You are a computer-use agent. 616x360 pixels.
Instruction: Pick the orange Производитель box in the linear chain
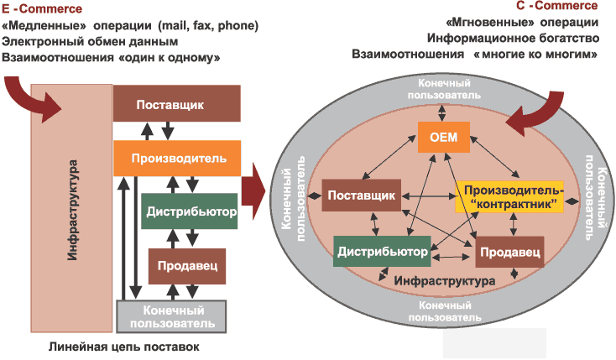[x=177, y=157]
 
